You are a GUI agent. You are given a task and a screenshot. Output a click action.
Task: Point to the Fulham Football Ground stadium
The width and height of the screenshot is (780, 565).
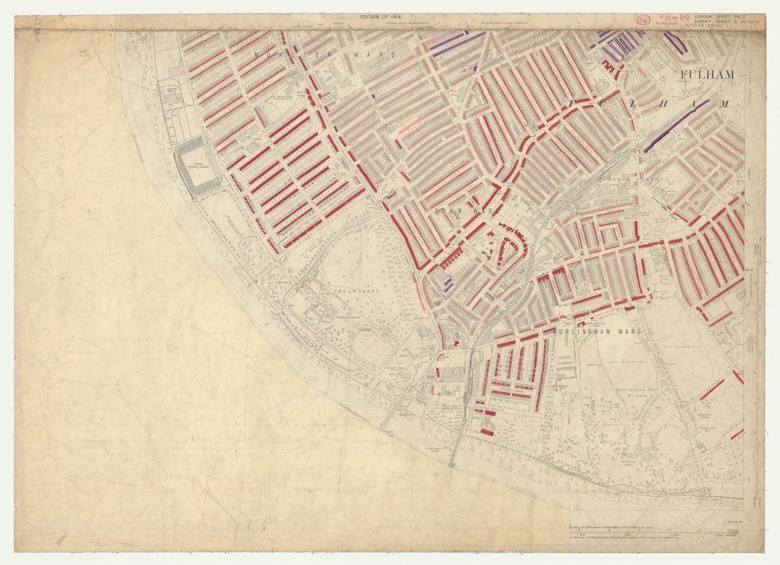coord(198,166)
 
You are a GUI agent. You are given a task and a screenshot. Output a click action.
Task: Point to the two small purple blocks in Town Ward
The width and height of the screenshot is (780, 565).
coord(447,285)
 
